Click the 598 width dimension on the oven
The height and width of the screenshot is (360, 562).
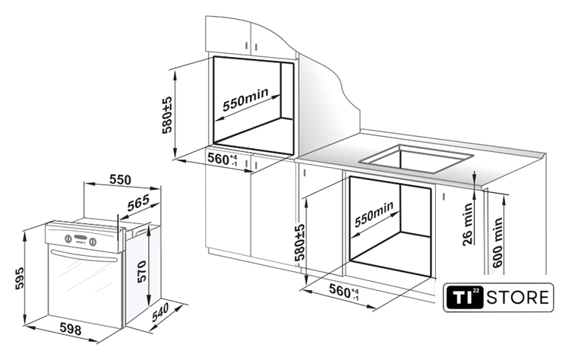pyautogui.click(x=70, y=328)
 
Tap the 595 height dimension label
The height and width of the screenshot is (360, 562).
pyautogui.click(x=20, y=277)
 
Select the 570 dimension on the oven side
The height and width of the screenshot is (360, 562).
pyautogui.click(x=141, y=271)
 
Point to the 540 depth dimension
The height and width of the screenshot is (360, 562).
pyautogui.click(x=160, y=312)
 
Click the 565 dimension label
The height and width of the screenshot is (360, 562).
pyautogui.click(x=138, y=204)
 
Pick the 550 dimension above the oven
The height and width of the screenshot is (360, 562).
pyautogui.click(x=120, y=180)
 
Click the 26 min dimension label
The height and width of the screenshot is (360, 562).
pyautogui.click(x=468, y=224)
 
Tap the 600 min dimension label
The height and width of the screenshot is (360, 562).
pyautogui.click(x=497, y=243)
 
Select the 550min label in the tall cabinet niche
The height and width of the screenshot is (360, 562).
pyautogui.click(x=245, y=99)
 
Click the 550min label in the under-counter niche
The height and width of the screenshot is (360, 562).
pyautogui.click(x=374, y=213)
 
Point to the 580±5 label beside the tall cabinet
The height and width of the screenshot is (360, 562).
pyautogui.click(x=167, y=115)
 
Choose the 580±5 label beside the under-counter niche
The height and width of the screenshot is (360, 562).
pyautogui.click(x=300, y=242)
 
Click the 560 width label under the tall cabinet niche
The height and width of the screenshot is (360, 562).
pyautogui.click(x=223, y=159)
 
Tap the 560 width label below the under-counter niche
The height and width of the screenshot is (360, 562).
pyautogui.click(x=344, y=291)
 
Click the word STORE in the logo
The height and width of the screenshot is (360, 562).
pyautogui.click(x=518, y=298)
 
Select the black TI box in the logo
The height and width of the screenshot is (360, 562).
pyautogui.click(x=464, y=297)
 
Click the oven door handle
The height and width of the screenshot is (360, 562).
pyautogui.click(x=84, y=257)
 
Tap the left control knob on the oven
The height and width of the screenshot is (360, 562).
pyautogui.click(x=68, y=238)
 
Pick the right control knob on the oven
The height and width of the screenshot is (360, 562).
pyautogui.click(x=93, y=242)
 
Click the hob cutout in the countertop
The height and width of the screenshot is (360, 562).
pyautogui.click(x=415, y=159)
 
